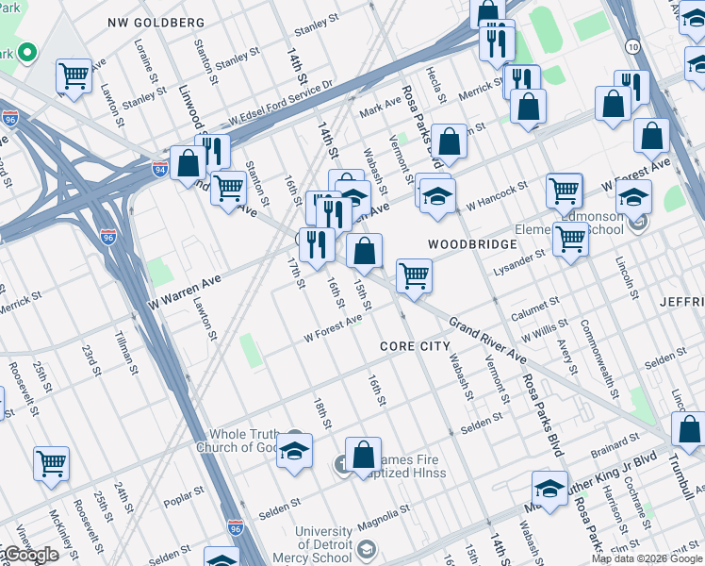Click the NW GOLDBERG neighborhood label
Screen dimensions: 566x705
tap(156, 22)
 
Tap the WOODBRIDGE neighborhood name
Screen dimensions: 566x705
tap(472, 244)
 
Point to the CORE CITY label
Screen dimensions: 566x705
tap(416, 346)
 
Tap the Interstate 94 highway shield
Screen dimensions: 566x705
tap(160, 170)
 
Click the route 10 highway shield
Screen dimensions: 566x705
tap(631, 45)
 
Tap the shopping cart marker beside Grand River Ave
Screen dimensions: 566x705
tap(414, 275)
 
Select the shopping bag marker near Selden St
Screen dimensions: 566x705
tap(363, 456)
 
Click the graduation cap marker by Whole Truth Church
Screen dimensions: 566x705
tap(294, 450)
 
